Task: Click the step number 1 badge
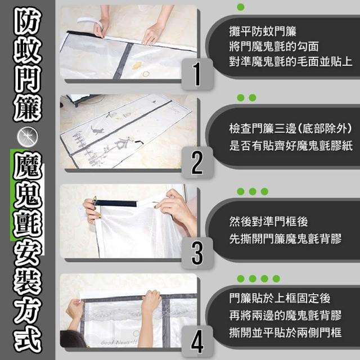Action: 197,74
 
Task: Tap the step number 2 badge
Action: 197,163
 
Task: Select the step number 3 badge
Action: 197,253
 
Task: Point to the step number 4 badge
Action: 197,341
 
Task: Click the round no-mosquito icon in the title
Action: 28,137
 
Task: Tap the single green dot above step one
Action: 241,7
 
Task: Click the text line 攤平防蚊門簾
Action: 263,31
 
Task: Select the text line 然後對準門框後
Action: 268,222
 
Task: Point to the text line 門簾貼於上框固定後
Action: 280,298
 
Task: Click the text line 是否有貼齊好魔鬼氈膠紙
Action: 291,146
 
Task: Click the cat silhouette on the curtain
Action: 97,130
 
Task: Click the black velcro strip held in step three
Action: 116,203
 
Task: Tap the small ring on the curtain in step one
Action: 146,74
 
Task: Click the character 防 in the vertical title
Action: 28,20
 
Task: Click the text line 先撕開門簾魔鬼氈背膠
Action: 285,238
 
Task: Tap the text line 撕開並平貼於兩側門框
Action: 285,332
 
